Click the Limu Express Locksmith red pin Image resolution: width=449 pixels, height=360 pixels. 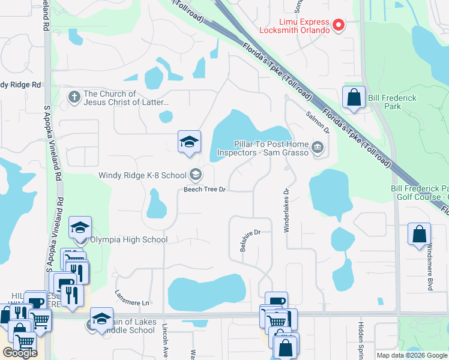click(339, 25)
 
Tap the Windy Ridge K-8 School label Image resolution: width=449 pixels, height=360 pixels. click(143, 176)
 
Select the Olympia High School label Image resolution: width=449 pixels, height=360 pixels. click(128, 240)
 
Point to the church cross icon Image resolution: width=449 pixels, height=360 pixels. click(74, 97)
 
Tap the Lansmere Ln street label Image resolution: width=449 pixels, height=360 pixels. click(131, 298)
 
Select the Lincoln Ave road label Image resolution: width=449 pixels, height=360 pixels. click(166, 339)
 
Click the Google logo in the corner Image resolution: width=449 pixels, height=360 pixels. click(19, 353)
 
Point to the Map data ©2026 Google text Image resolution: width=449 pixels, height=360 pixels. click(412, 355)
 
